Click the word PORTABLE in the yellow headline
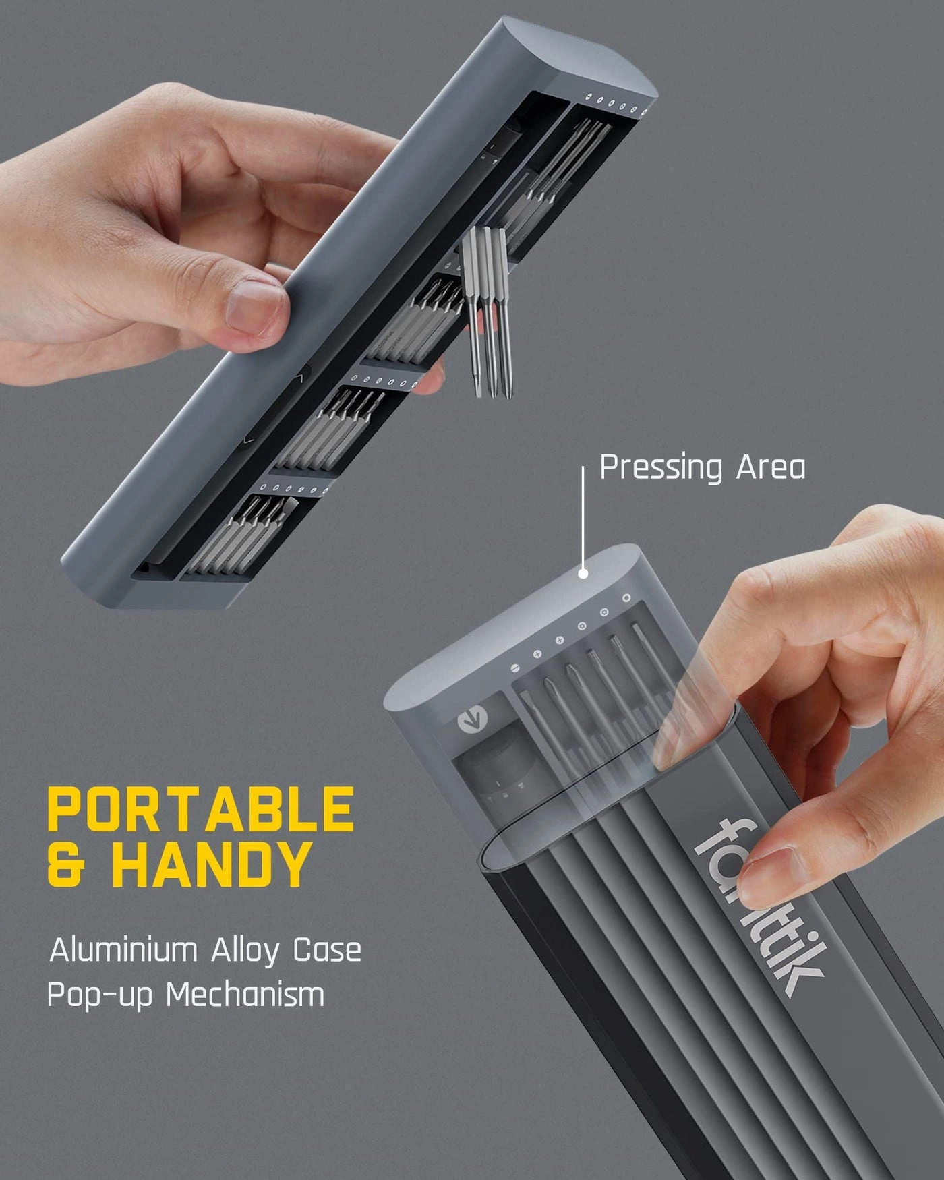tap(200, 810)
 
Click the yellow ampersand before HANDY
tap(67, 864)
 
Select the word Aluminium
tap(123, 950)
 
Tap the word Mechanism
tap(245, 995)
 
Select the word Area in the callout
tap(770, 467)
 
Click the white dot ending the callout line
tap(583, 574)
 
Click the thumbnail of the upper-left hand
tap(255, 307)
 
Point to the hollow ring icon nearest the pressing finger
tap(626, 598)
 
